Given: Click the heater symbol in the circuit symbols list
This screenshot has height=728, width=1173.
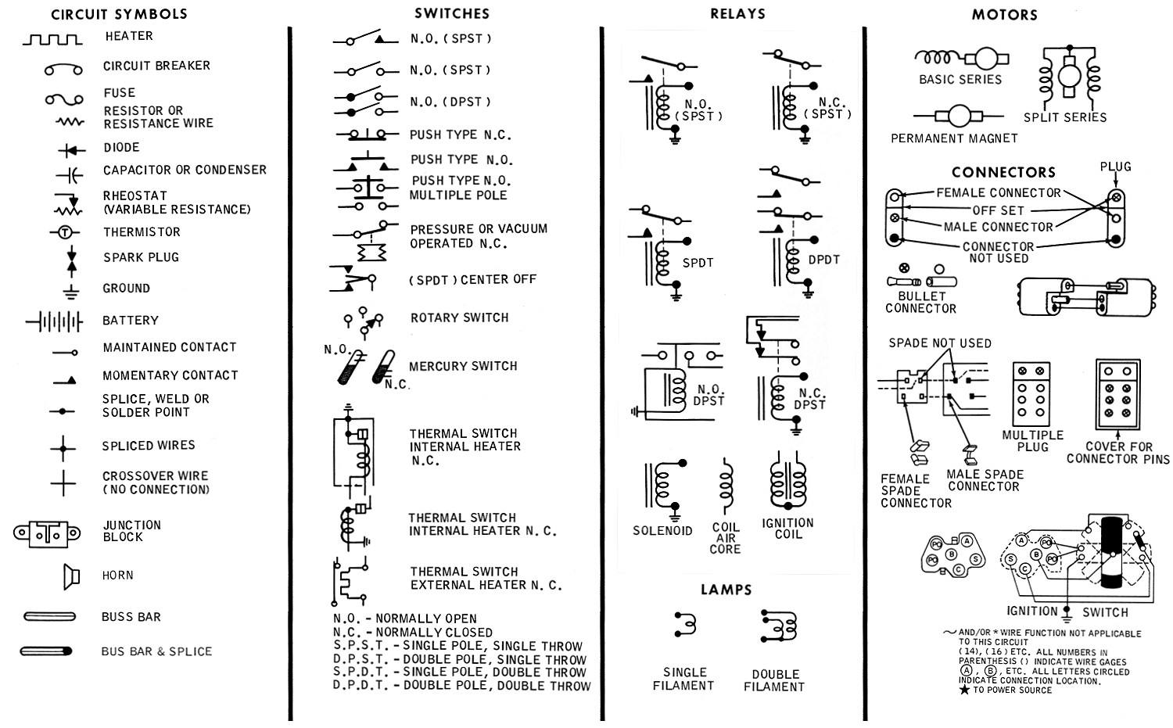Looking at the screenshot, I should [52, 38].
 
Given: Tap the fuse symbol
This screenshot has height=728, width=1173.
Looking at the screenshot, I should [64, 99].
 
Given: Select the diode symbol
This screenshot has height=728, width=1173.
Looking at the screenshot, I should [71, 149].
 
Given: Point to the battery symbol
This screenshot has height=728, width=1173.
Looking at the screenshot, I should [54, 321].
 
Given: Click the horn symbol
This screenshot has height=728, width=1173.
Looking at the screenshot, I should [71, 576].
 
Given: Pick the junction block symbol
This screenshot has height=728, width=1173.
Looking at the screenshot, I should [47, 533].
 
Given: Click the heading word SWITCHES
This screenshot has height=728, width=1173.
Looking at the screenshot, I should [452, 14].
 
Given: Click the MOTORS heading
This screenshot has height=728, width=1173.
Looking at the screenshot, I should [1004, 14].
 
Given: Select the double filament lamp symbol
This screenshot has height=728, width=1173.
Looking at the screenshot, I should [777, 626].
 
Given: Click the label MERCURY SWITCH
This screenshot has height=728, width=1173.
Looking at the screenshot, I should [463, 366].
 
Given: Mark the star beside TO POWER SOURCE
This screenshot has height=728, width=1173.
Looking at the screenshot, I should [964, 690].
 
